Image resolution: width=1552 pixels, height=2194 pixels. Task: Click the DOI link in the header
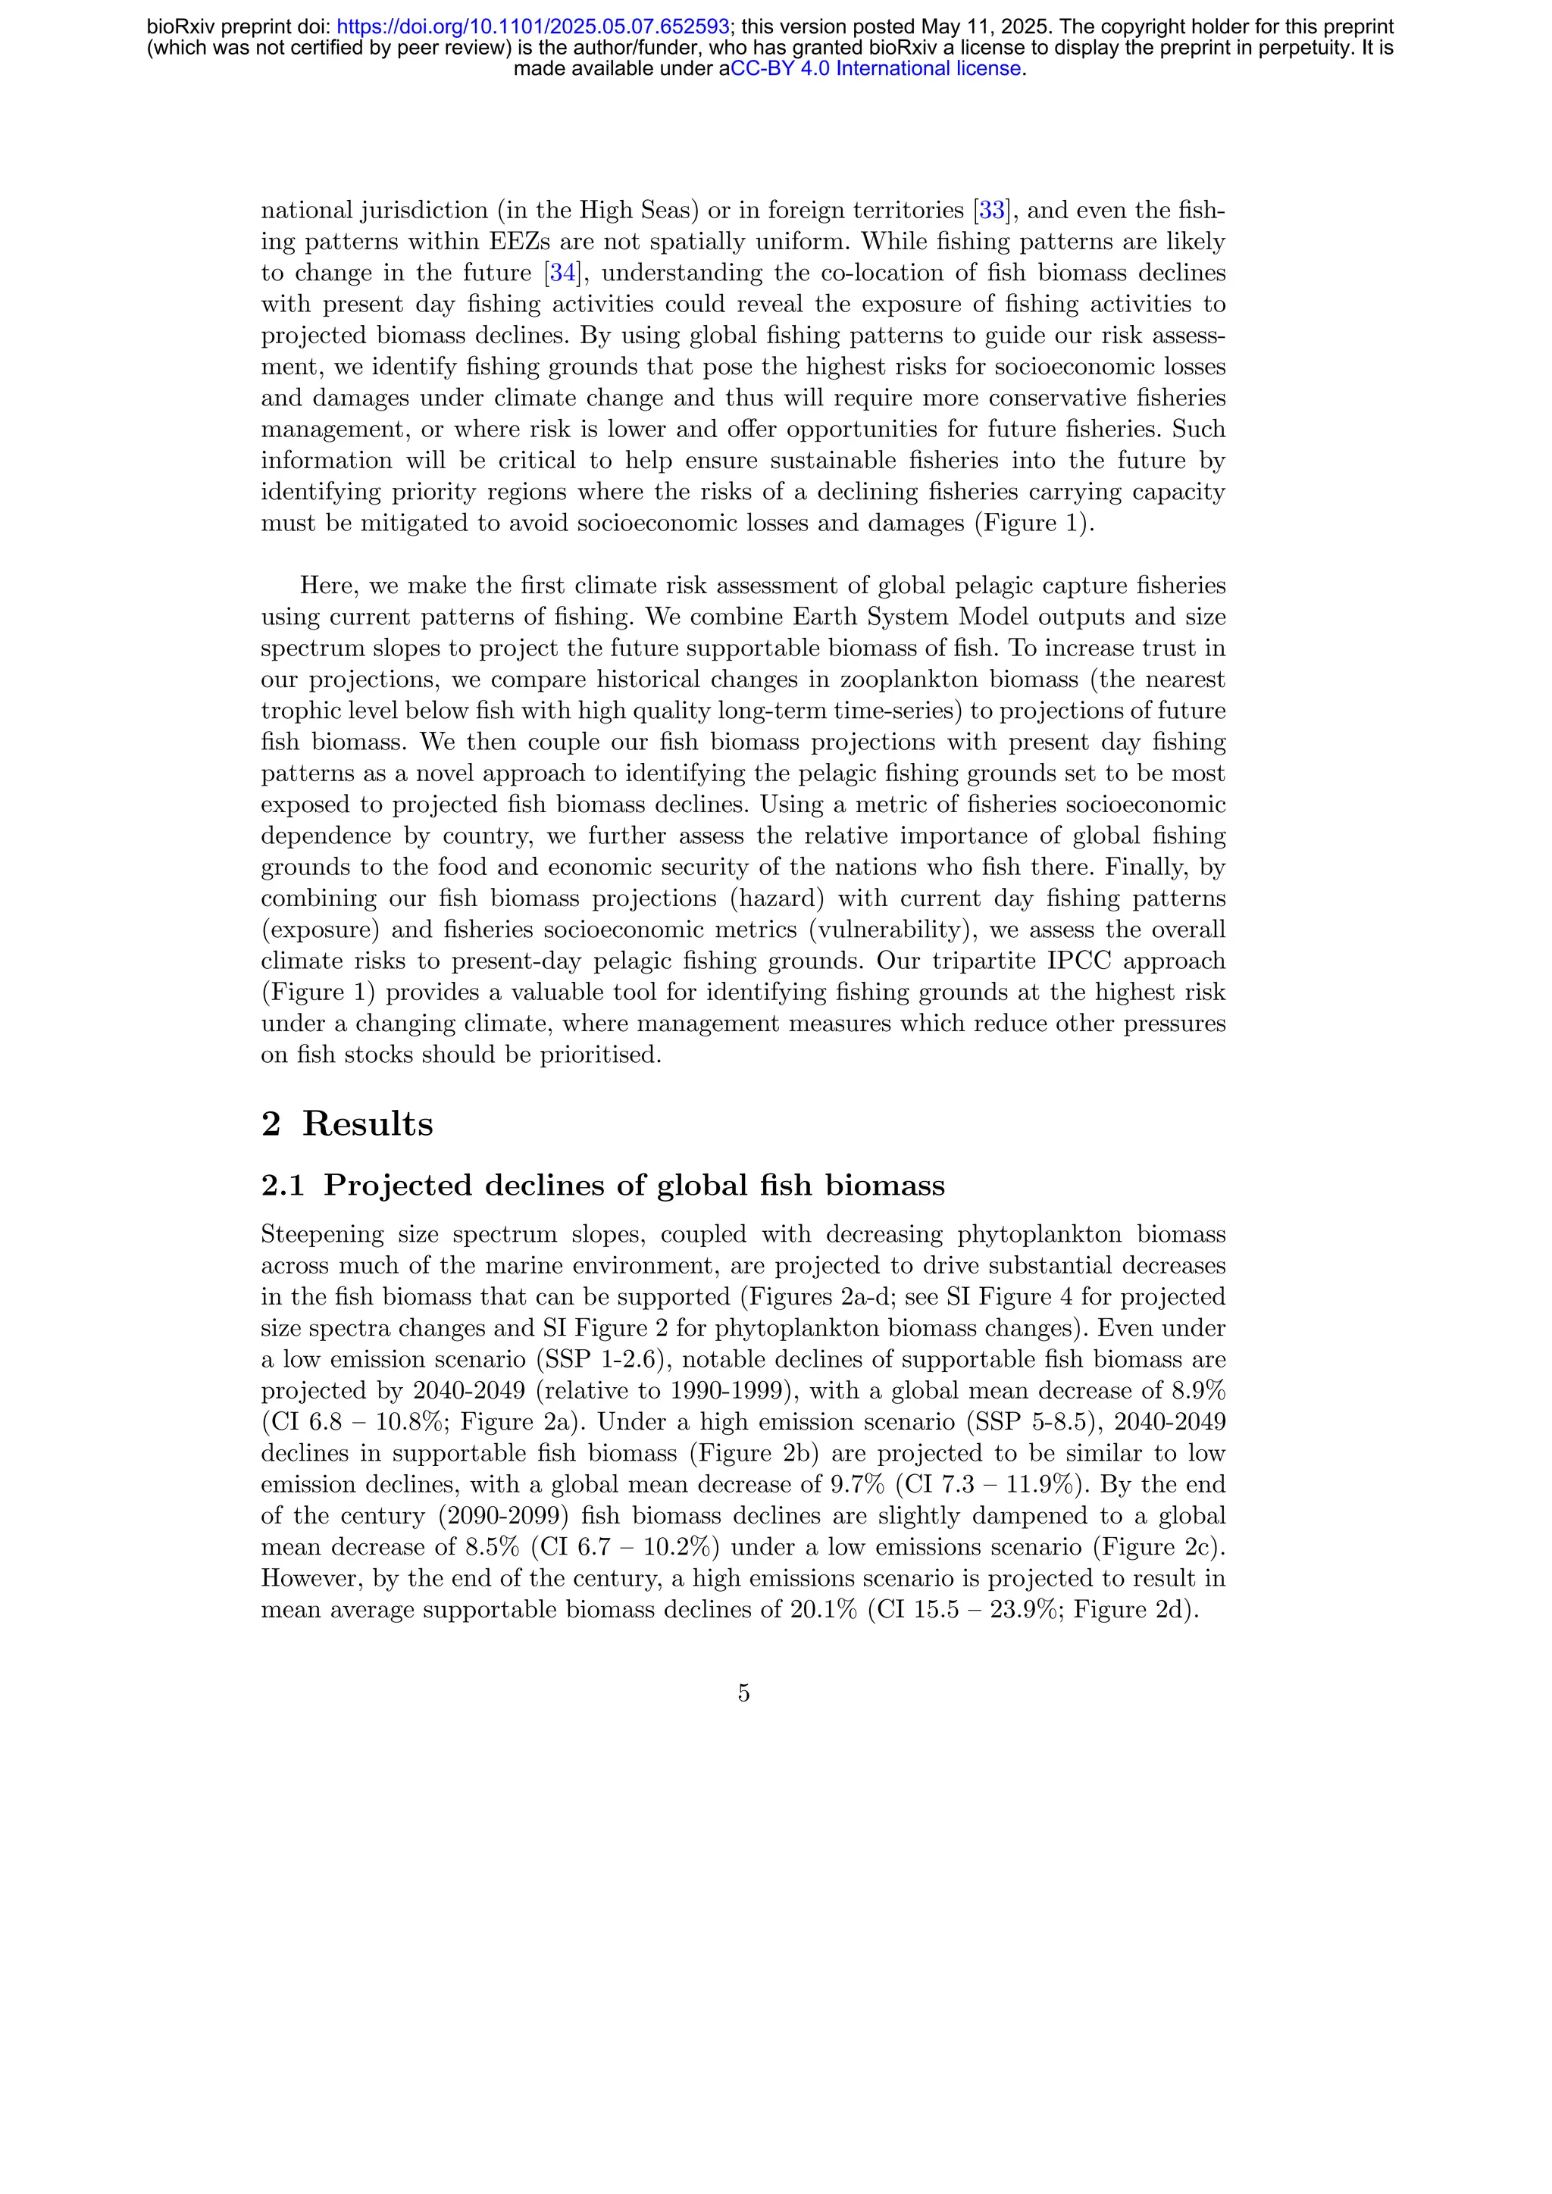pyautogui.click(x=533, y=27)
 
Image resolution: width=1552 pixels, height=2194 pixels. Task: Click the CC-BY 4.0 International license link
pyautogui.click(x=876, y=69)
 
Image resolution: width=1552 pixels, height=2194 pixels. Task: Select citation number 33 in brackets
pyautogui.click(x=992, y=210)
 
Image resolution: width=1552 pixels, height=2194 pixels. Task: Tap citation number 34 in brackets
pyautogui.click(x=563, y=273)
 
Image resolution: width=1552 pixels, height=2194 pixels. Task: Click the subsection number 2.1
pyautogui.click(x=282, y=1186)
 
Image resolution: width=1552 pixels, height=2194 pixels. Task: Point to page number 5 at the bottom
pyautogui.click(x=743, y=1693)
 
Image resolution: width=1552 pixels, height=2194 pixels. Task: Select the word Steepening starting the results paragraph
pyautogui.click(x=322, y=1235)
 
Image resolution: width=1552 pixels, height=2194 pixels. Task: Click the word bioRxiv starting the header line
pyautogui.click(x=180, y=27)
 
